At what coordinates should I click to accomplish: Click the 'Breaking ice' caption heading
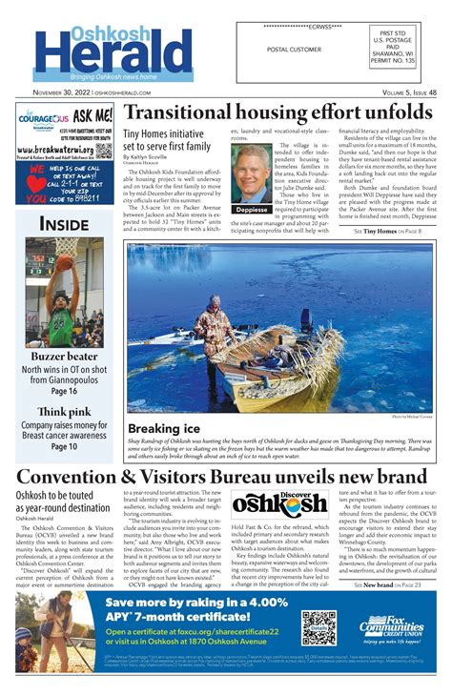pos(163,430)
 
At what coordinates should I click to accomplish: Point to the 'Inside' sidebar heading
pos(64,225)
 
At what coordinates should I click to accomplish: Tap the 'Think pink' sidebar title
pos(64,412)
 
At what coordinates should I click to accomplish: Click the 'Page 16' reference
pos(64,392)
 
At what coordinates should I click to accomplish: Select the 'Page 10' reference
pos(64,446)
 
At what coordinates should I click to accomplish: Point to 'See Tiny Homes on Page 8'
pos(387,232)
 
